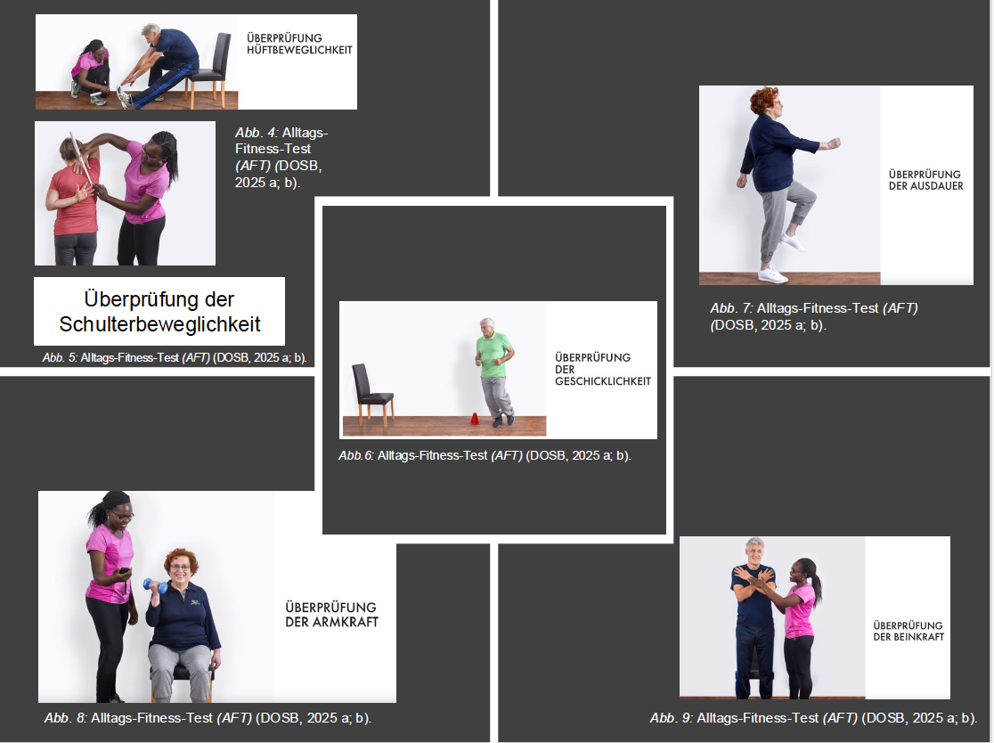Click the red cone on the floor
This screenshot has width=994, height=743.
pyautogui.click(x=474, y=419)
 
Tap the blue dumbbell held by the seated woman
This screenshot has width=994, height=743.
pyautogui.click(x=155, y=586)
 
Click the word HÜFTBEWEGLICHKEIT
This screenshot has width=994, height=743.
pyautogui.click(x=299, y=50)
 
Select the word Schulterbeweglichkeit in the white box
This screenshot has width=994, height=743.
pyautogui.click(x=159, y=324)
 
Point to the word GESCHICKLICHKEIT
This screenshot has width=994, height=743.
pyautogui.click(x=603, y=381)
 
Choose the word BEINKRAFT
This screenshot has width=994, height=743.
pyautogui.click(x=918, y=636)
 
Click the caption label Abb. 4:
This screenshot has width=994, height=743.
pyautogui.click(x=257, y=133)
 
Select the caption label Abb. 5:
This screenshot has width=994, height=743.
pyautogui.click(x=61, y=357)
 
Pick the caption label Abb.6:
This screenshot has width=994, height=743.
pyautogui.click(x=356, y=455)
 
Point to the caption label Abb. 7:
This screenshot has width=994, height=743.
pyautogui.click(x=731, y=308)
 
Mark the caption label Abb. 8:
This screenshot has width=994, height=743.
pyautogui.click(x=66, y=718)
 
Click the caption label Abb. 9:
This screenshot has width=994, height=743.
pyautogui.click(x=672, y=718)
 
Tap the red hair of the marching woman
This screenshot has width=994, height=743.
pyautogui.click(x=764, y=99)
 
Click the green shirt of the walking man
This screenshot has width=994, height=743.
pyautogui.click(x=493, y=355)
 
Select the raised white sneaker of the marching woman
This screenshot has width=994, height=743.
pyautogui.click(x=792, y=242)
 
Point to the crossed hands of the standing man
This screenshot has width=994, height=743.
pyautogui.click(x=754, y=577)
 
